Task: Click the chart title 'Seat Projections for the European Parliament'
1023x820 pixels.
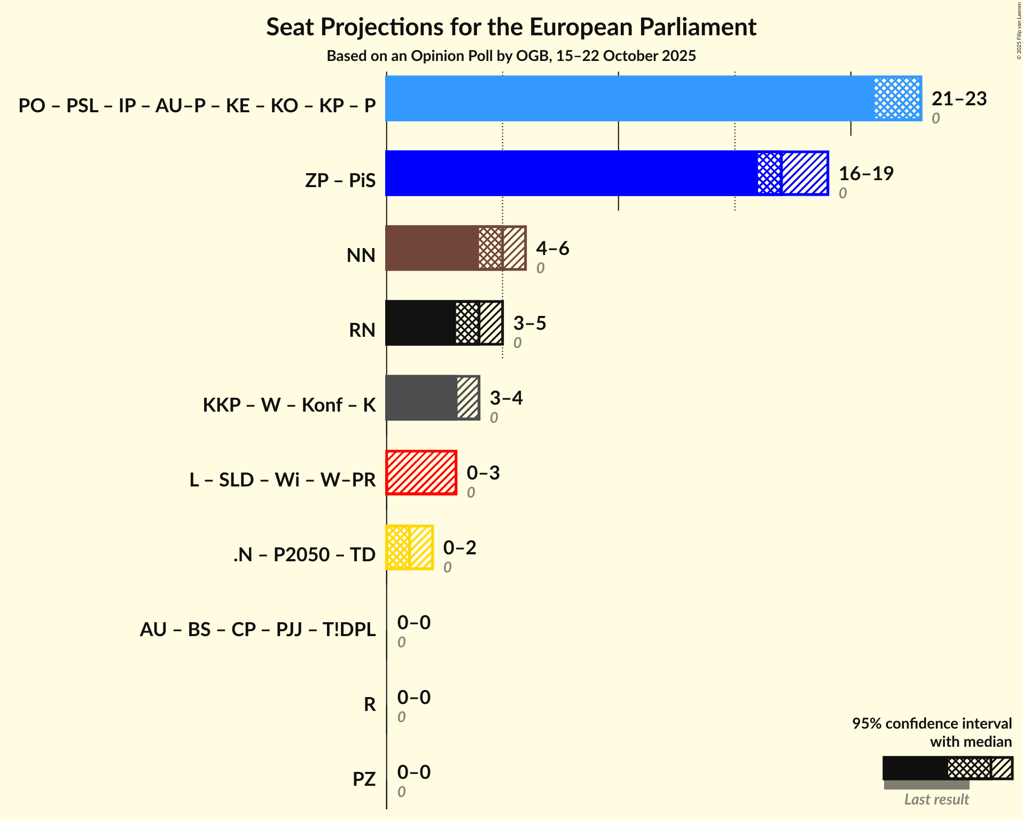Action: pos(511,27)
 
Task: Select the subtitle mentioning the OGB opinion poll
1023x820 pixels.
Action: pos(511,56)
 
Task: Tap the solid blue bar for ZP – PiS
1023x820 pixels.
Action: pos(571,173)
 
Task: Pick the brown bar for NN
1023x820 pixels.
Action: pos(432,248)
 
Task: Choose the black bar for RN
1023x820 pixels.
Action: pos(420,323)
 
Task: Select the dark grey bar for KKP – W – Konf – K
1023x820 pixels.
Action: pos(421,398)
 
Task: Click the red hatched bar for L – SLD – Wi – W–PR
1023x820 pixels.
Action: pos(421,473)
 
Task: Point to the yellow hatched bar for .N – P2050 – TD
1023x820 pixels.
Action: pos(409,547)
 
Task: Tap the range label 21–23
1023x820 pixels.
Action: pos(959,98)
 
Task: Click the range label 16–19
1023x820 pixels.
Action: pos(866,173)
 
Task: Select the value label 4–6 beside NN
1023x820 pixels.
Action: pos(552,248)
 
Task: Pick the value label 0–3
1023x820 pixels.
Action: pos(483,473)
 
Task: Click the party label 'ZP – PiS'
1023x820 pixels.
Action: pos(340,180)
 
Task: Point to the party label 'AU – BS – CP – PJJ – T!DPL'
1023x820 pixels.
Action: pos(257,629)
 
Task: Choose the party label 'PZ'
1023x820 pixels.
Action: pos(364,779)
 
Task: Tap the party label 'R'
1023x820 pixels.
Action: pos(370,704)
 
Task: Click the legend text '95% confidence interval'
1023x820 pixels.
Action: pos(932,723)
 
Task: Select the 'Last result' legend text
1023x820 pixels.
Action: pos(936,799)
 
